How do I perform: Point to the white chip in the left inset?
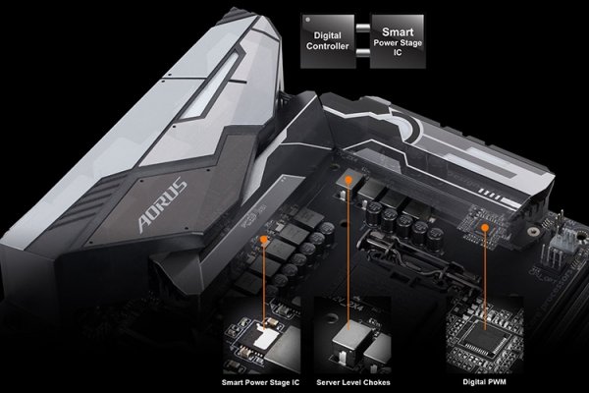pos(263,336)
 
